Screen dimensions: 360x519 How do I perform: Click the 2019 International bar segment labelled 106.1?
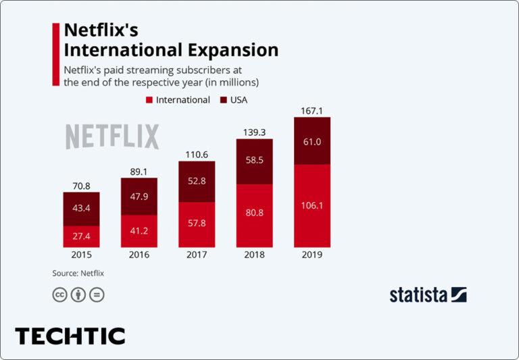[x=312, y=205]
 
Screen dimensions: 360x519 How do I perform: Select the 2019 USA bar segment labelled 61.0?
[x=312, y=141]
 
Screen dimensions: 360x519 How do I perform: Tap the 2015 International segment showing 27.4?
[x=81, y=236]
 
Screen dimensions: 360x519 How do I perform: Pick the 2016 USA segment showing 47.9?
[x=139, y=197]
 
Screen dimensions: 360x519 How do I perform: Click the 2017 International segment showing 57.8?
[x=197, y=224]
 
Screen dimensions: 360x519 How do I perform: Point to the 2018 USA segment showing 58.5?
[x=254, y=161]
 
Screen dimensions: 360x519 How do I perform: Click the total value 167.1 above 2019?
[x=312, y=110]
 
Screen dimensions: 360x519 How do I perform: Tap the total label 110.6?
[x=197, y=154]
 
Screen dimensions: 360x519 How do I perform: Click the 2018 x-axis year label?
[x=254, y=256]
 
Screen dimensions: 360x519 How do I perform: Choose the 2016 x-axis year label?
[x=139, y=256]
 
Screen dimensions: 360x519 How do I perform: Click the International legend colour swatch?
[x=149, y=100]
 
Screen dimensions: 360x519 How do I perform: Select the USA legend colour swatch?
[x=223, y=100]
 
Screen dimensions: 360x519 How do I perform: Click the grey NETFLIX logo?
[x=112, y=136]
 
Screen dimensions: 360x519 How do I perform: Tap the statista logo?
[x=428, y=294]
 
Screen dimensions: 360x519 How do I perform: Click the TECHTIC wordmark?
[x=70, y=336]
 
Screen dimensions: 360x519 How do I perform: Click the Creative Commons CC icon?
[x=59, y=294]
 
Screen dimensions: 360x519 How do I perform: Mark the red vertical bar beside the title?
[x=55, y=54]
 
